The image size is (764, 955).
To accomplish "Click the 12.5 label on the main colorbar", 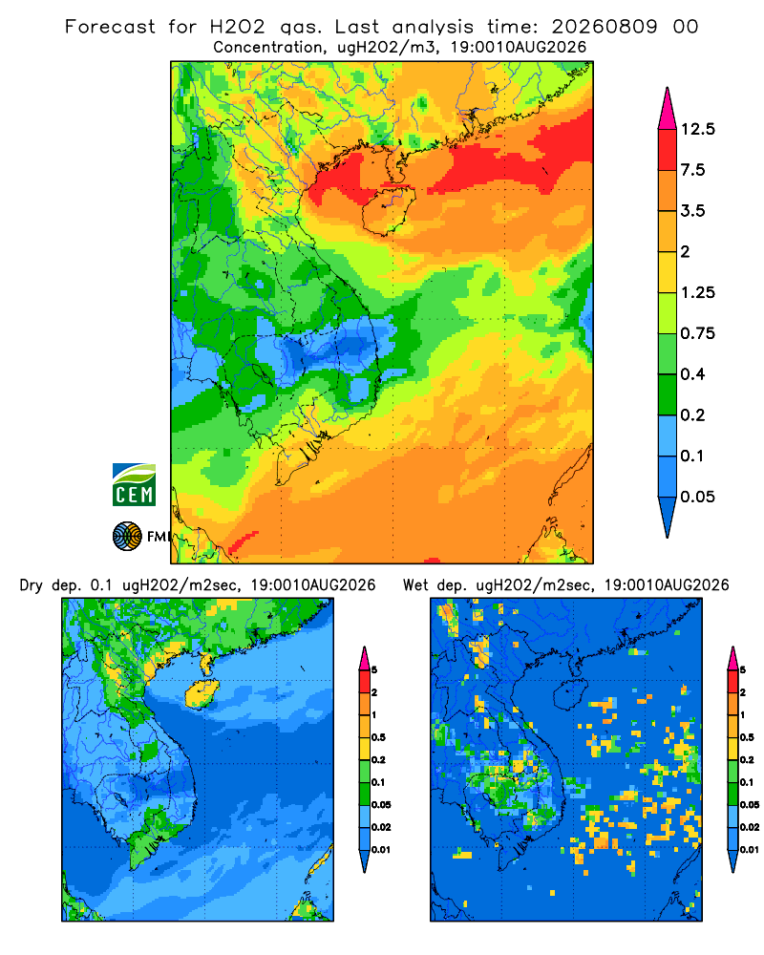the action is pyautogui.click(x=697, y=129).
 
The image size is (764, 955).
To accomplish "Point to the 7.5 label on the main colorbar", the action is pyautogui.click(x=692, y=170).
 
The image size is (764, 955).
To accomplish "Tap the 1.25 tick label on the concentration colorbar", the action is pyautogui.click(x=697, y=292).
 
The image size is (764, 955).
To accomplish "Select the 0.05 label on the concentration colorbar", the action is pyautogui.click(x=697, y=497).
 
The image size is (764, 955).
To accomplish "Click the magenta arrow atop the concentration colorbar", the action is pyautogui.click(x=668, y=109).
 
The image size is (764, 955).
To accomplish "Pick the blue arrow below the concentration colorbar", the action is pyautogui.click(x=668, y=517).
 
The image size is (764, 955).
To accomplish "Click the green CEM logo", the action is pyautogui.click(x=134, y=485).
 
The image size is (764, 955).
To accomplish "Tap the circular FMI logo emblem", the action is pyautogui.click(x=127, y=537).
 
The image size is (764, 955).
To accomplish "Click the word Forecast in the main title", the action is pyautogui.click(x=110, y=27).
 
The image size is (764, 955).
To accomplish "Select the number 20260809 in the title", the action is pyautogui.click(x=605, y=27).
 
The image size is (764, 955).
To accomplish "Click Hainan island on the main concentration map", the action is pyautogui.click(x=389, y=210).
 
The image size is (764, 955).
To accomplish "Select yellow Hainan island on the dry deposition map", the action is pyautogui.click(x=202, y=693).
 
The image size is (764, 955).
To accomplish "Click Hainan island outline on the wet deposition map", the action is pyautogui.click(x=570, y=693).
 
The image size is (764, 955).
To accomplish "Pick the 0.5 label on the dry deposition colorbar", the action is pyautogui.click(x=378, y=737).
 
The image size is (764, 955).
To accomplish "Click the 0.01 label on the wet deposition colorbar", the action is pyautogui.click(x=750, y=850).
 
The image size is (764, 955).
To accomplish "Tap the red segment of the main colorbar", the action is pyautogui.click(x=668, y=150).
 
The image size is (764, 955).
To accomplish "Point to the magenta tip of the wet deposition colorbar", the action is pyautogui.click(x=732, y=658).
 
